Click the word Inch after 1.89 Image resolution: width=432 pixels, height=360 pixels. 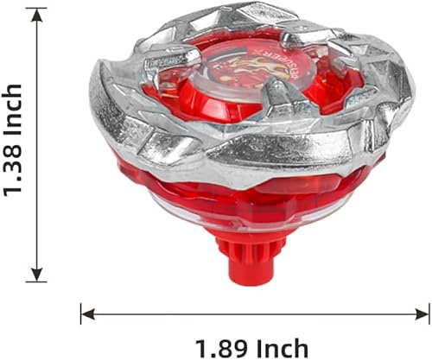pos(281,348)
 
